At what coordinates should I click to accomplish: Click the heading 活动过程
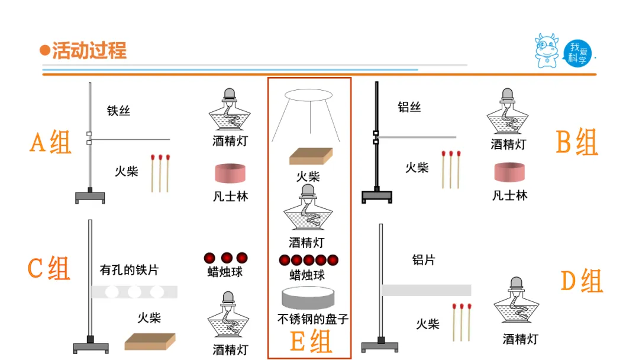[89, 50]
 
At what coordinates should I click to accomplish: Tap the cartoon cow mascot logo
[547, 51]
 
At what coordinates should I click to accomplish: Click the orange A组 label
[50, 143]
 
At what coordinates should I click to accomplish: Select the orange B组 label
[577, 142]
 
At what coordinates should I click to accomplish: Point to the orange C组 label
[49, 268]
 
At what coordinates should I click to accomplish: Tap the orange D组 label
[582, 281]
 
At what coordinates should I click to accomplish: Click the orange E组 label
[311, 342]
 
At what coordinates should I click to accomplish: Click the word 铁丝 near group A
[118, 111]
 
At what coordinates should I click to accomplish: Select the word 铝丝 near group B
[409, 107]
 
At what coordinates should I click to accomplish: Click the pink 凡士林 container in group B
[510, 172]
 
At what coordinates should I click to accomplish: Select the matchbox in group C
[150, 341]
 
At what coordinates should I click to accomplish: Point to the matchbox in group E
[310, 155]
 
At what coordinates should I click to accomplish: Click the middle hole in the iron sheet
[134, 291]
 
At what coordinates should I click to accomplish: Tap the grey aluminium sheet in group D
[426, 290]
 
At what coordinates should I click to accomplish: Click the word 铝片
[424, 259]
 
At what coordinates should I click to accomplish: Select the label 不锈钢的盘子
[313, 320]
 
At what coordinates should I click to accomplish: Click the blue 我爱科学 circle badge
[577, 53]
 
